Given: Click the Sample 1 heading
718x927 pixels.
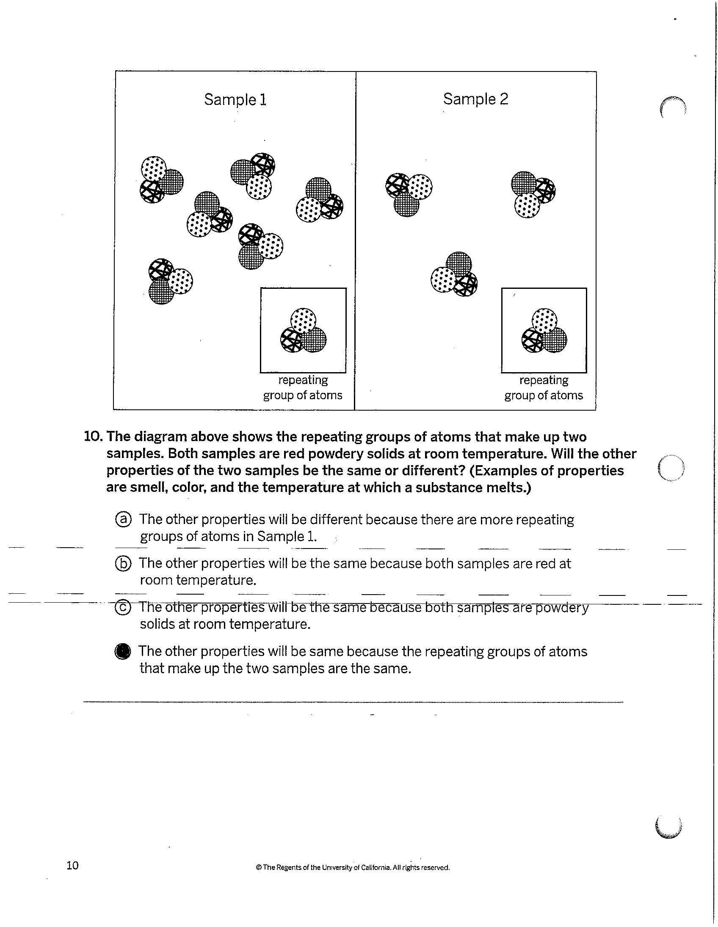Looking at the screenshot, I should (x=235, y=99).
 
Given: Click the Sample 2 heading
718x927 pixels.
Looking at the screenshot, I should (x=475, y=99).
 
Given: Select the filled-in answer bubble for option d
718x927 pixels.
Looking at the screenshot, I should (x=123, y=652).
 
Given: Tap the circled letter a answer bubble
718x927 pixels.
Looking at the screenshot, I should (x=123, y=519).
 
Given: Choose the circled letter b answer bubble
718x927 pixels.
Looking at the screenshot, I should (x=123, y=563).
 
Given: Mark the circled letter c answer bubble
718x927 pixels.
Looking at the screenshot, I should (x=123, y=608).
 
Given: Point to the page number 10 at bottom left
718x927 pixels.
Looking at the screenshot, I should (x=73, y=865).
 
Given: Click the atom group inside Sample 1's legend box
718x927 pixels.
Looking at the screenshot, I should (x=304, y=331).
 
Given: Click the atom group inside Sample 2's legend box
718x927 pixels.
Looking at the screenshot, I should (x=544, y=331).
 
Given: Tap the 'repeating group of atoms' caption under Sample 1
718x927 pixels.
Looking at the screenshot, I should (x=303, y=387).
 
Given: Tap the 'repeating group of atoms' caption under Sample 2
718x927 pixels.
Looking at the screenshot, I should (x=544, y=387).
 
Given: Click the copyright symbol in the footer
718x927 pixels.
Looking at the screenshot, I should (x=258, y=867).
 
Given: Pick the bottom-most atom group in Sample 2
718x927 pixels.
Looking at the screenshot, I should (x=454, y=273).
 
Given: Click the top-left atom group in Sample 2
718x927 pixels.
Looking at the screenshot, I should (x=408, y=194).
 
